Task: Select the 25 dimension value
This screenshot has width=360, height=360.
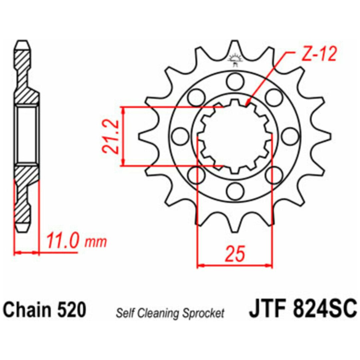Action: coord(235,254)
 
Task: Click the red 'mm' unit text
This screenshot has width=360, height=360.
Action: coord(96,242)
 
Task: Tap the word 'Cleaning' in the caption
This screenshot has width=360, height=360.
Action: coord(160,313)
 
